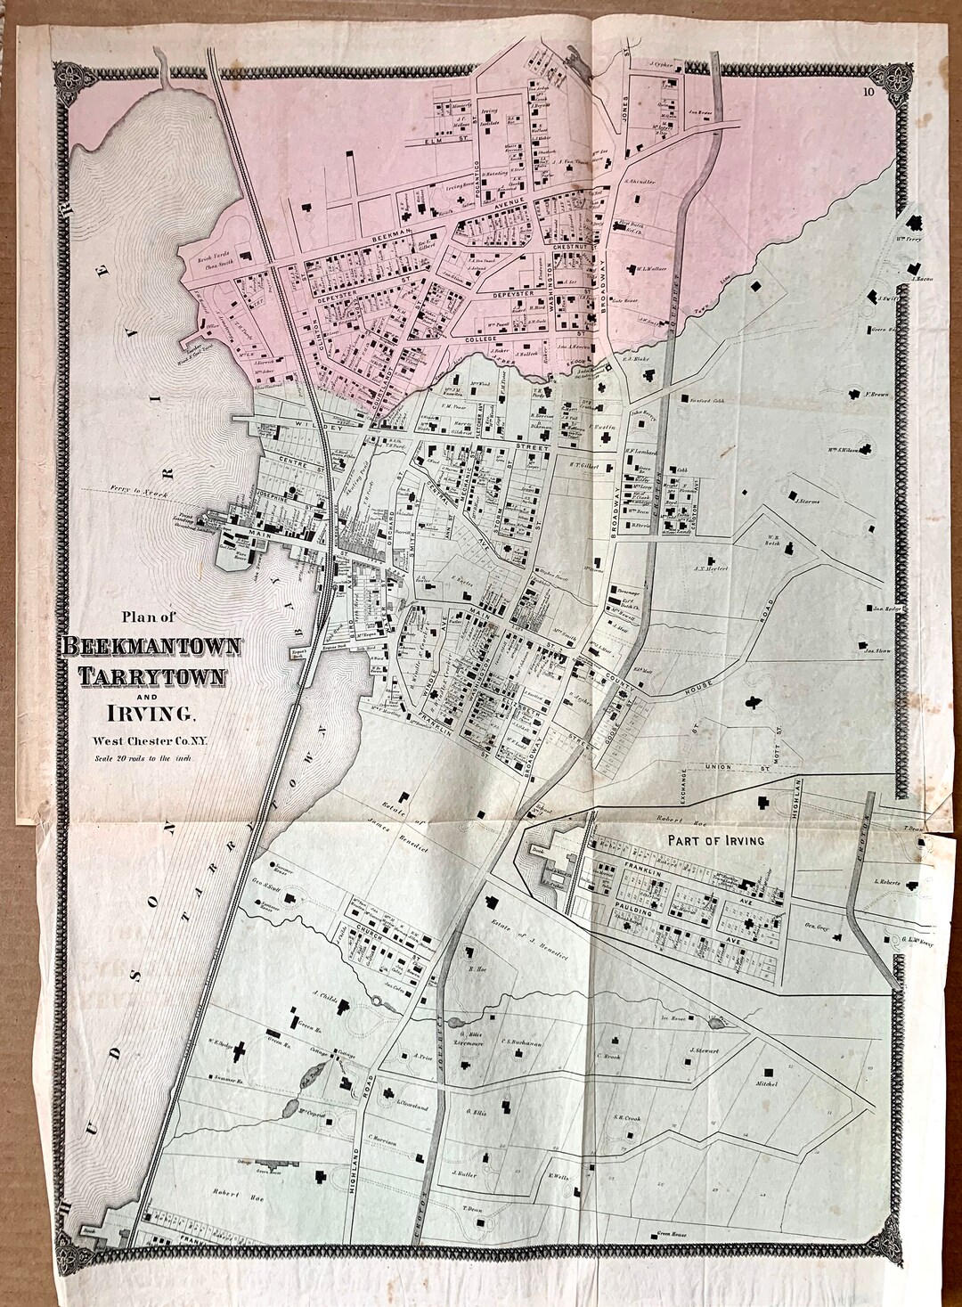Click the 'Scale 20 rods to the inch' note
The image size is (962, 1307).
[144, 759]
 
